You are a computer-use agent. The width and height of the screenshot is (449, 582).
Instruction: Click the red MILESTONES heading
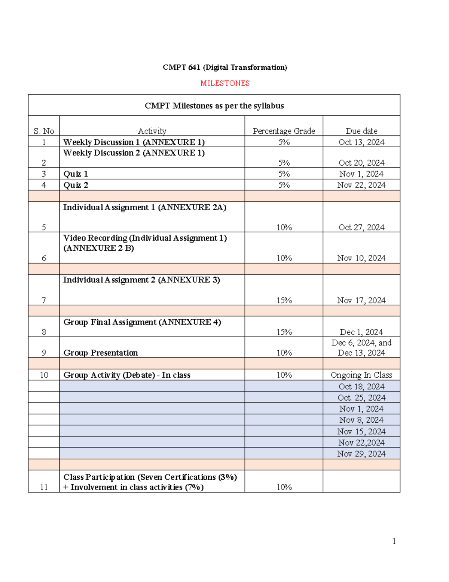[225, 83]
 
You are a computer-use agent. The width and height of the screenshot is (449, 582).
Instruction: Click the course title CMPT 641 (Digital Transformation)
[225, 67]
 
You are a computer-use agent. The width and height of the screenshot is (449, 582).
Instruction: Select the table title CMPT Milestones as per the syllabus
[214, 106]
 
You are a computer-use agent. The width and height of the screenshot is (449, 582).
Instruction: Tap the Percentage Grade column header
[284, 131]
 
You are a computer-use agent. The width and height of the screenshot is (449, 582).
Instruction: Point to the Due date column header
[361, 131]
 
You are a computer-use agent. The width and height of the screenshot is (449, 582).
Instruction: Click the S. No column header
[44, 131]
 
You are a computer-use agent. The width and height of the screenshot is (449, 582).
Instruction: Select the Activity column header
[152, 131]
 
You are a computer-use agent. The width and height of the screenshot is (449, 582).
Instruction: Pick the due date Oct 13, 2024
[361, 142]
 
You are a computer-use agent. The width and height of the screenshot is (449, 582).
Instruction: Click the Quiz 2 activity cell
[76, 185]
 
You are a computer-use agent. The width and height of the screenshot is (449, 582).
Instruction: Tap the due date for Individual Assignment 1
[361, 227]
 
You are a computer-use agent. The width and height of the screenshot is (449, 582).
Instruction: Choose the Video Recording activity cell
[145, 243]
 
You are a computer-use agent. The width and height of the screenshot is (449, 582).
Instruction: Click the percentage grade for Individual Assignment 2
[284, 300]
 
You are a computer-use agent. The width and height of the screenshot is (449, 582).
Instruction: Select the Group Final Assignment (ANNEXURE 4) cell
[142, 322]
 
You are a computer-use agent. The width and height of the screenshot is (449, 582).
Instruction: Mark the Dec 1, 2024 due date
[361, 332]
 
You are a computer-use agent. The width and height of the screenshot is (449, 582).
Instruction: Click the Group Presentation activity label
[101, 353]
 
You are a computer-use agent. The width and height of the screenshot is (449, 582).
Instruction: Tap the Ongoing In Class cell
[361, 375]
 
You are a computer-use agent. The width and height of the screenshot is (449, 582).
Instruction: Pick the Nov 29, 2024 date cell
[361, 453]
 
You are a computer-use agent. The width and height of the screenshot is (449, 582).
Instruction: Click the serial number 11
[44, 487]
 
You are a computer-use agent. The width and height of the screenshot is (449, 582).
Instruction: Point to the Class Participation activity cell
[150, 482]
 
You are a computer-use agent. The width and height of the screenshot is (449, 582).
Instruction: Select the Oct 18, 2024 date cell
[361, 386]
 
